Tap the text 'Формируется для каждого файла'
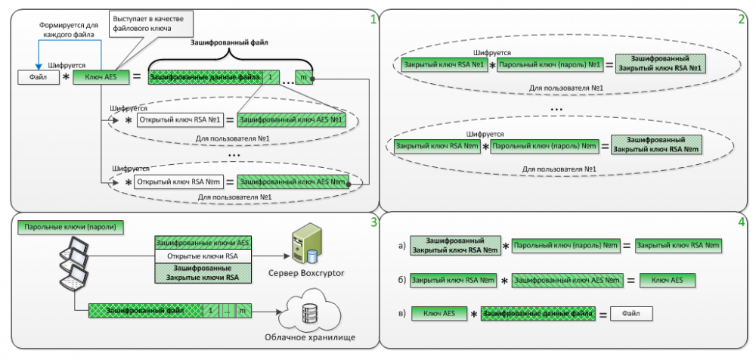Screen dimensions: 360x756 (72, 29)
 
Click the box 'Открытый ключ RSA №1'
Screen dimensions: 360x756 (180, 120)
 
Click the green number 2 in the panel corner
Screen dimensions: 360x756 (742, 18)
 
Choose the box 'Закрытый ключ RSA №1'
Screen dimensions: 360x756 (445, 65)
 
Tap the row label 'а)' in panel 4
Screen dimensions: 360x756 (401, 246)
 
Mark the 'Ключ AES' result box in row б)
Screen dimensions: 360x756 (667, 280)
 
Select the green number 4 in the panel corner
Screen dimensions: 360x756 (742, 224)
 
